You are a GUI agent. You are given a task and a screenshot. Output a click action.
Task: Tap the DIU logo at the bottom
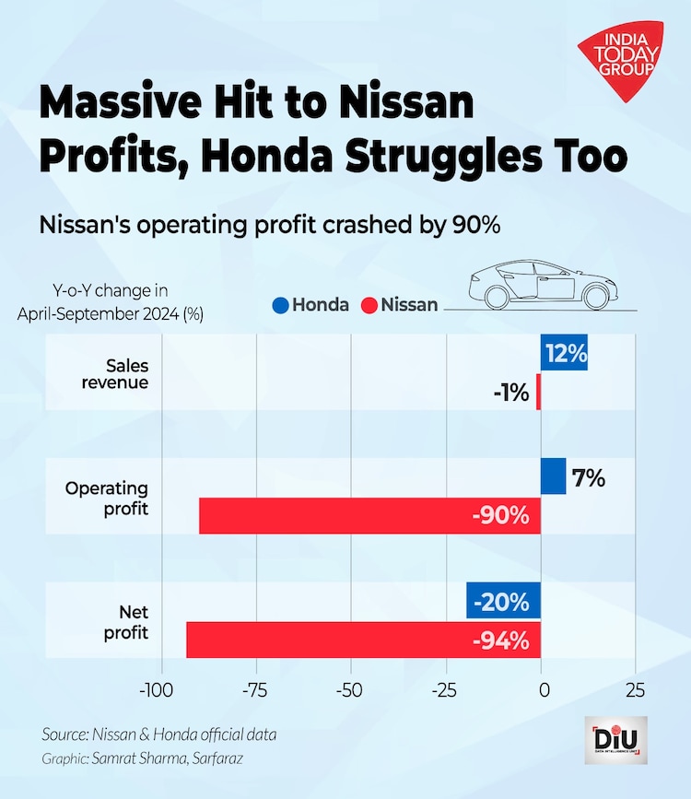click(x=615, y=739)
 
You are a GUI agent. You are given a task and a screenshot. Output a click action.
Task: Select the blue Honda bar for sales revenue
click(x=564, y=354)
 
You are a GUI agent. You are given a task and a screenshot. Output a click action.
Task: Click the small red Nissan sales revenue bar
click(x=538, y=394)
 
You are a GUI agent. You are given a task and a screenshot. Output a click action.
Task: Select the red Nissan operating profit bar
click(x=369, y=516)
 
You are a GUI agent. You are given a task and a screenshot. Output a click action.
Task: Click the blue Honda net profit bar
click(x=503, y=602)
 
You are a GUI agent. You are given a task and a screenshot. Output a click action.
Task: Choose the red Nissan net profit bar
click(x=363, y=640)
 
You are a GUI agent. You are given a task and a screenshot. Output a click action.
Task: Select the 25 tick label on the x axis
click(x=635, y=690)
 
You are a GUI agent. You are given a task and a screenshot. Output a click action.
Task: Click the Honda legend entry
click(x=310, y=304)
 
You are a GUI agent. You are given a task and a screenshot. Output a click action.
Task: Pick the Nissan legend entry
click(x=400, y=304)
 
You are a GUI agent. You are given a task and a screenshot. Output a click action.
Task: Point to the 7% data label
click(x=588, y=477)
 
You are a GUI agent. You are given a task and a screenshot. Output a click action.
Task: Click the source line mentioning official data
click(x=158, y=734)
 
